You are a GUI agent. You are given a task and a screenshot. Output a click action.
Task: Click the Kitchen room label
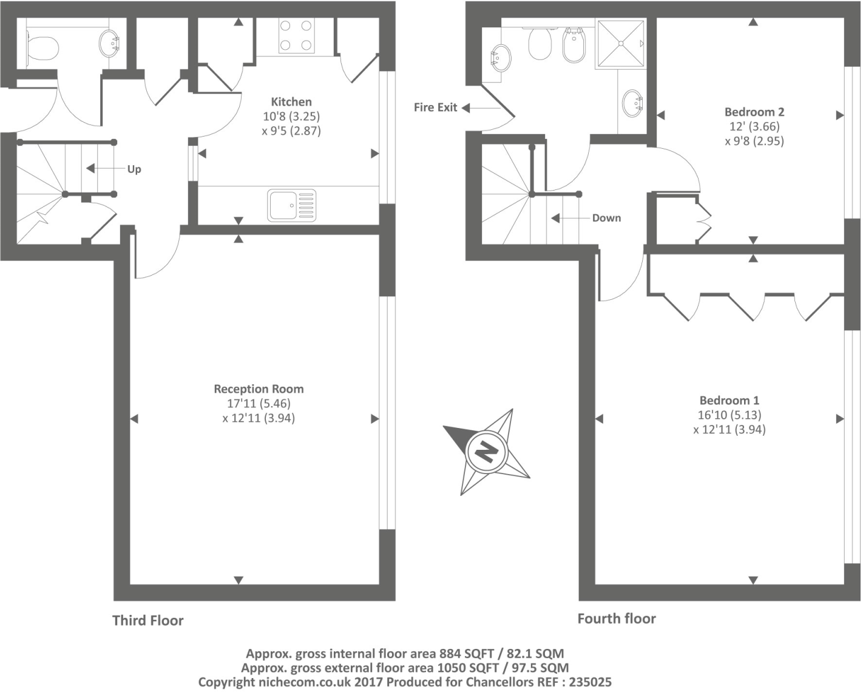[291, 102]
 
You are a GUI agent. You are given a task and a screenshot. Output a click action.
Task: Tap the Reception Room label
[259, 389]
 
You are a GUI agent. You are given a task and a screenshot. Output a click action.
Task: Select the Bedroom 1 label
[729, 401]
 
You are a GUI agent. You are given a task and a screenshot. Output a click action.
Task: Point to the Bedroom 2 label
[754, 112]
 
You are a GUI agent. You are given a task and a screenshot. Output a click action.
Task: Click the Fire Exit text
[435, 107]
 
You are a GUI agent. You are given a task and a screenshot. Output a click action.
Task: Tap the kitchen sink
[291, 205]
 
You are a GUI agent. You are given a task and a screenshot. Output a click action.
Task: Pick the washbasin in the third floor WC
[110, 44]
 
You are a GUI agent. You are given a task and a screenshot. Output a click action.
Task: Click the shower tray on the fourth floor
[620, 44]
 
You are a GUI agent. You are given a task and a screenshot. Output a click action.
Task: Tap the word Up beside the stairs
[134, 169]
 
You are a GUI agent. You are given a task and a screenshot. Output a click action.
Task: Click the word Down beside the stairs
[606, 219]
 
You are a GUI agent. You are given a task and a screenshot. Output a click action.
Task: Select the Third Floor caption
[147, 620]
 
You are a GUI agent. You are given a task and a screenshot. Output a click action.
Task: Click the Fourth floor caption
[616, 619]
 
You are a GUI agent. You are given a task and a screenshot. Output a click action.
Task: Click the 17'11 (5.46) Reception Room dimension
[259, 404]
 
